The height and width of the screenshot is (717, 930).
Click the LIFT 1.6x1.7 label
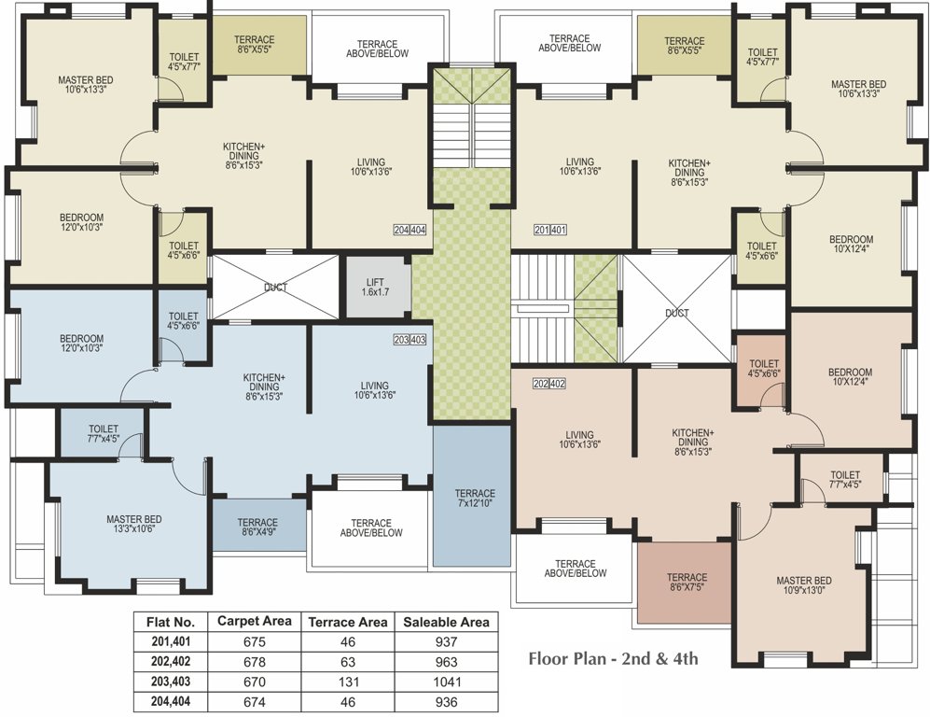(375, 288)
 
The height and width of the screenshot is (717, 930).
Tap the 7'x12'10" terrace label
(475, 498)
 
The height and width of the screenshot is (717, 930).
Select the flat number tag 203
(401, 340)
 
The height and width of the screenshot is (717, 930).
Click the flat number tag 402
(558, 384)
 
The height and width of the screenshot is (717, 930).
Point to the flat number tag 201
(542, 230)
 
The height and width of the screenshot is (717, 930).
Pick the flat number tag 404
(418, 230)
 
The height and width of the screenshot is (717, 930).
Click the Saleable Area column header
(446, 622)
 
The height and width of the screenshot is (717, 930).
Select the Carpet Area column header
(255, 622)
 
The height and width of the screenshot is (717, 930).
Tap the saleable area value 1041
(447, 682)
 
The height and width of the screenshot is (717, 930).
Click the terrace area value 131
(348, 682)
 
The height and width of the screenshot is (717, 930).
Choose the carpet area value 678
(255, 662)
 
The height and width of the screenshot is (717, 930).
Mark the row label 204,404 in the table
(171, 701)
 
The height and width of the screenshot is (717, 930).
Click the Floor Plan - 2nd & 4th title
(613, 659)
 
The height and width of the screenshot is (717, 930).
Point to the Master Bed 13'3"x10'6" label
(134, 524)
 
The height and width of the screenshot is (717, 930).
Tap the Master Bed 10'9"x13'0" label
(804, 585)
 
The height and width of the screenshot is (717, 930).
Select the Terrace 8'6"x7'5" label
(687, 583)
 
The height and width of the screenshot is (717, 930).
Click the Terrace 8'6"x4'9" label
(257, 527)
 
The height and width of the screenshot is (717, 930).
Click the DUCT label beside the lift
(275, 288)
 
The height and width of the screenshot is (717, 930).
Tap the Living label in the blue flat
(375, 386)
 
